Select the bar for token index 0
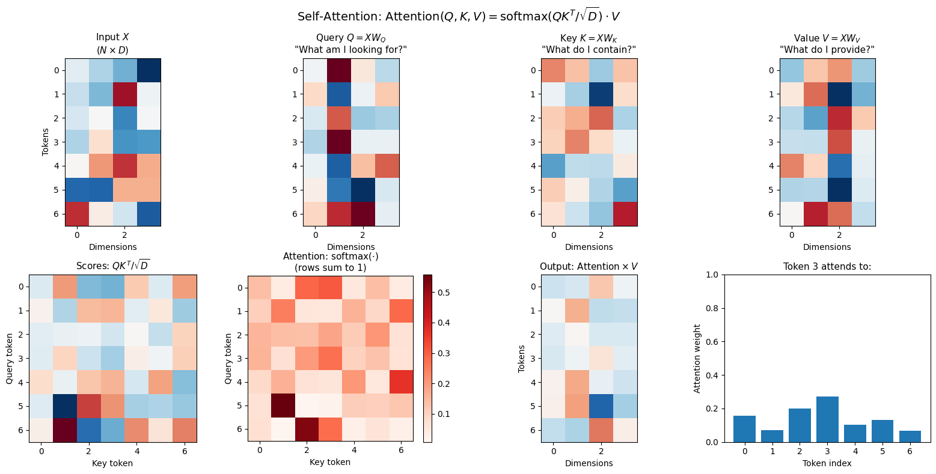coord(744,428)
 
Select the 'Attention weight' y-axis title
coord(697,358)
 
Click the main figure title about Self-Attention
coord(468,16)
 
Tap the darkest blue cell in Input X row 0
coord(148,70)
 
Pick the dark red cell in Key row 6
coord(625,214)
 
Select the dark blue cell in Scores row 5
coord(65,406)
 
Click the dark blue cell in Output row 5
coord(601,406)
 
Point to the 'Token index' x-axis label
coord(827,463)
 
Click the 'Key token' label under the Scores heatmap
coord(112,463)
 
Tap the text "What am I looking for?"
coord(350,49)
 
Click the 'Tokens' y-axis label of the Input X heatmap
coord(46,142)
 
